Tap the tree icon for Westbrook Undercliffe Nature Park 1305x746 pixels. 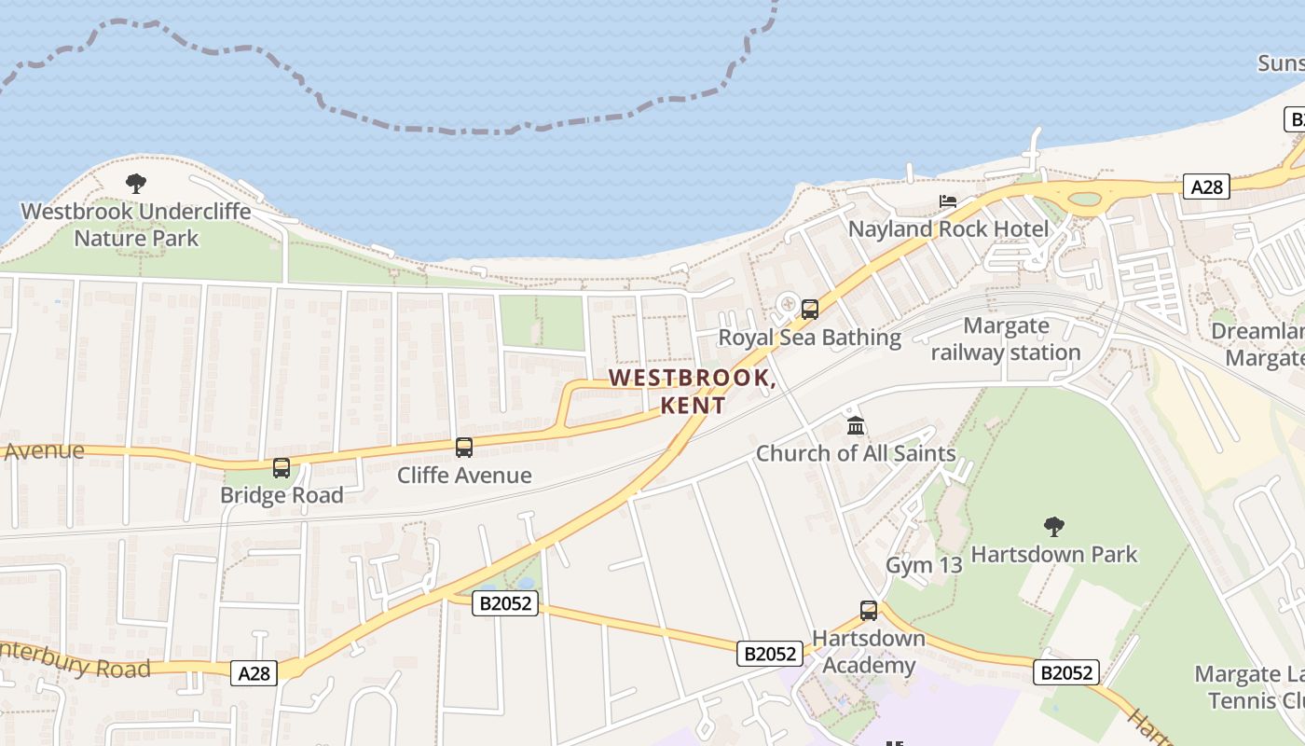136,184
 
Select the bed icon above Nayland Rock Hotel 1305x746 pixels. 948,201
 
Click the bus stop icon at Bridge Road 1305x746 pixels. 282,468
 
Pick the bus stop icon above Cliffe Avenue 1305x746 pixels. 464,448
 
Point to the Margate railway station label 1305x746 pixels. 1006,339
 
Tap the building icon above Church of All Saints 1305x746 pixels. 855,426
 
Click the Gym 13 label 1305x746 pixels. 923,565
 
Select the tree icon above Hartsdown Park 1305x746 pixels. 1054,527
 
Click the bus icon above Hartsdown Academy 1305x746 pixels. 869,611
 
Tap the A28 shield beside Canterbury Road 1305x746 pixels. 254,672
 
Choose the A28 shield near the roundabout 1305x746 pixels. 1206,186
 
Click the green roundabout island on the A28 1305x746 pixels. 1084,199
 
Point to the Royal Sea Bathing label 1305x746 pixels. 809,338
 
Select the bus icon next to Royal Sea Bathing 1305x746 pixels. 809,310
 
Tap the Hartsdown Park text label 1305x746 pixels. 1054,555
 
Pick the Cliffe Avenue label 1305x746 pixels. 464,476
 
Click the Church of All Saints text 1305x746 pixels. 856,454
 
